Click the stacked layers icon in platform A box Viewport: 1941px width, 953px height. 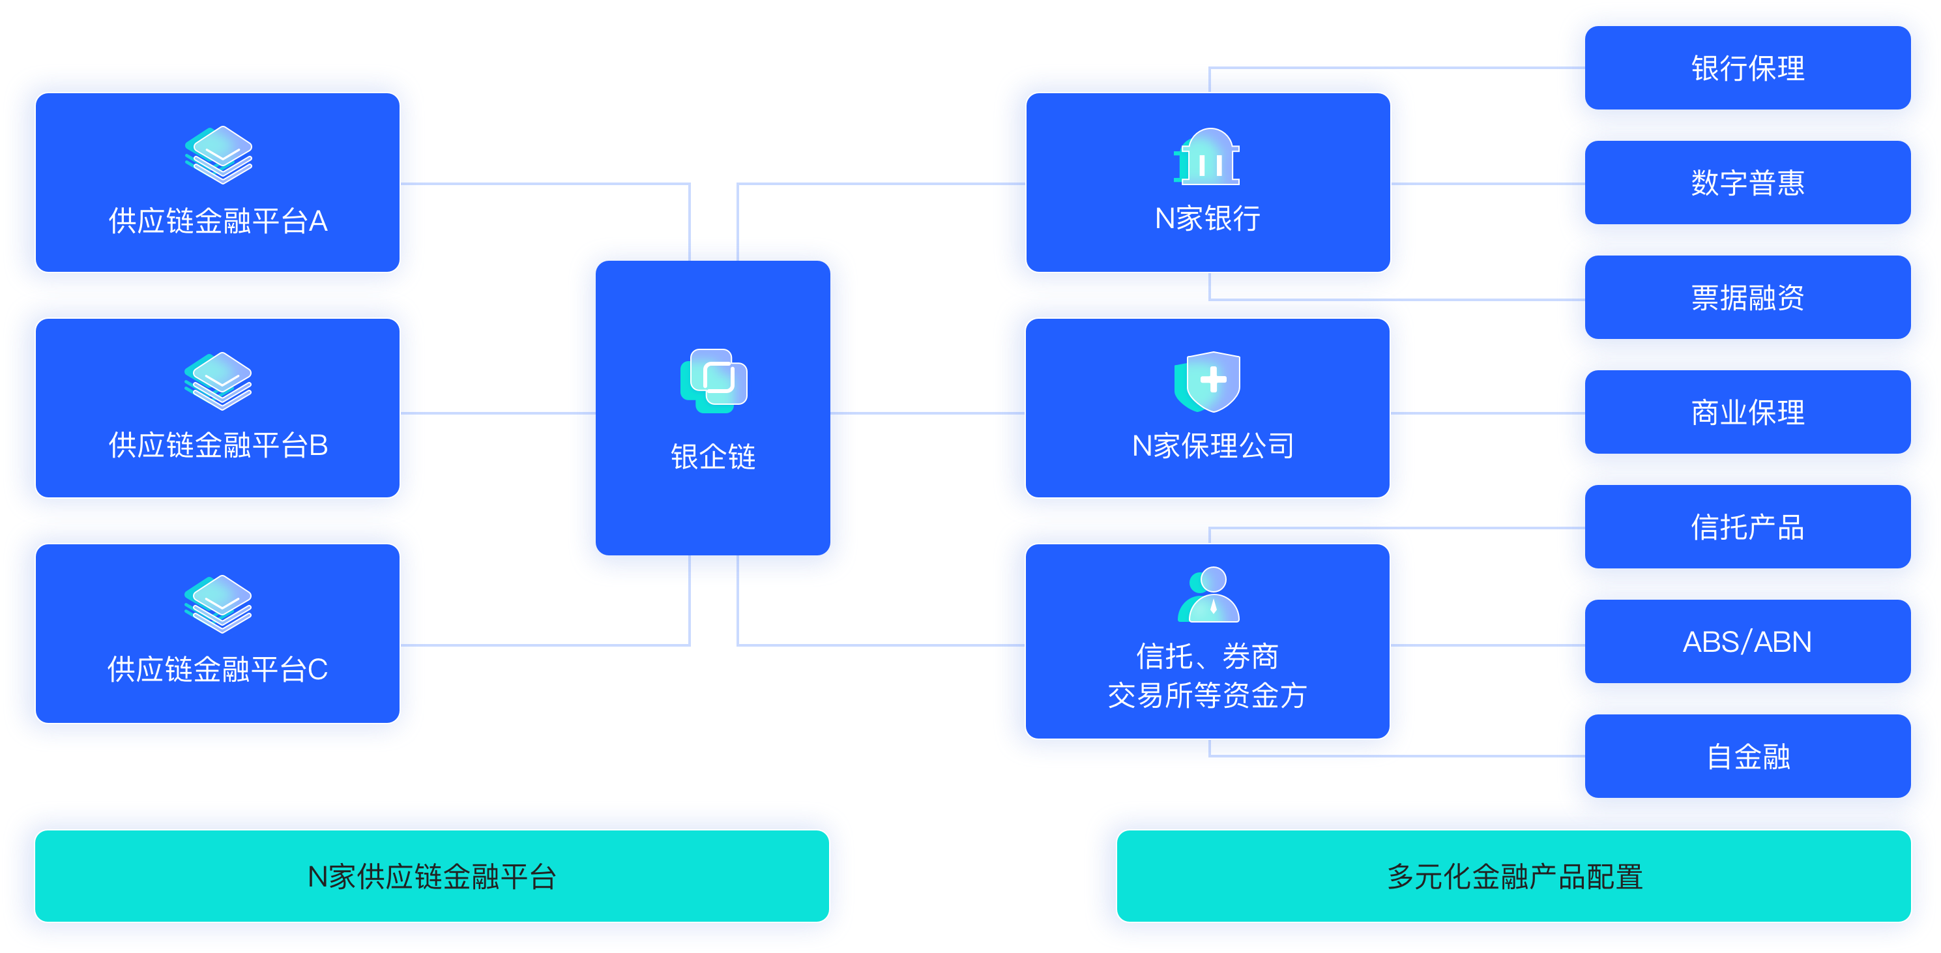(218, 154)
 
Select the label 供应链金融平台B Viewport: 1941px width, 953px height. (218, 445)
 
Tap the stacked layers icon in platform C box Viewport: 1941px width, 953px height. (218, 604)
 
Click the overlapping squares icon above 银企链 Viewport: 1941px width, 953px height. (714, 381)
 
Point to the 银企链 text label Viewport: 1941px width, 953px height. (713, 456)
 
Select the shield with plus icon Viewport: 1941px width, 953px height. (1208, 381)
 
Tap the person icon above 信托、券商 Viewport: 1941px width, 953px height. (1209, 594)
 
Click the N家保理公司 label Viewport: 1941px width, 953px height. (1212, 446)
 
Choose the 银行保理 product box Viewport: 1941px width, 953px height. (1747, 68)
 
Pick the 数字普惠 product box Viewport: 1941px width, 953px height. (1747, 183)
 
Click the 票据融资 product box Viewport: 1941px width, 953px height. (1747, 298)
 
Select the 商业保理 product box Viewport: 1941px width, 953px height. (1747, 413)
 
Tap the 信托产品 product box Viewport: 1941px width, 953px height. (1747, 527)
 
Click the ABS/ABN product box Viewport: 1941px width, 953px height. (1747, 642)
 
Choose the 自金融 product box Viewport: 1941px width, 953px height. (1747, 756)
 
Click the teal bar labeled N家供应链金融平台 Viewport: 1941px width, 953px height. (431, 876)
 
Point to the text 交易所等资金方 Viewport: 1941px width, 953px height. (1207, 696)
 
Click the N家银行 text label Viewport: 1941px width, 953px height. (1208, 218)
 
